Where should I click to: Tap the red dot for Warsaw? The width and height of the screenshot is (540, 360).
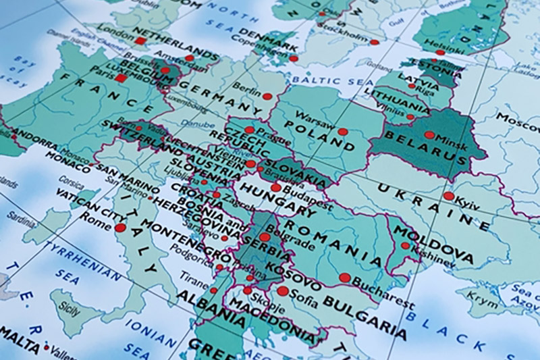[x=343, y=132]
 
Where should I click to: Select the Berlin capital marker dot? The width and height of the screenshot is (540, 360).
[x=267, y=97]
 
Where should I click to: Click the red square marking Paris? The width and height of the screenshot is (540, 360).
[x=121, y=78]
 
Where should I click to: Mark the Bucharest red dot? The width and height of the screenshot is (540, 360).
[x=345, y=278]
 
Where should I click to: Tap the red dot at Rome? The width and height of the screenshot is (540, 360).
[x=120, y=228]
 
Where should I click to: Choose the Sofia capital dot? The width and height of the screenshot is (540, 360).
[x=283, y=291]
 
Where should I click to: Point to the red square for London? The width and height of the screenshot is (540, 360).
[x=140, y=41]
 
